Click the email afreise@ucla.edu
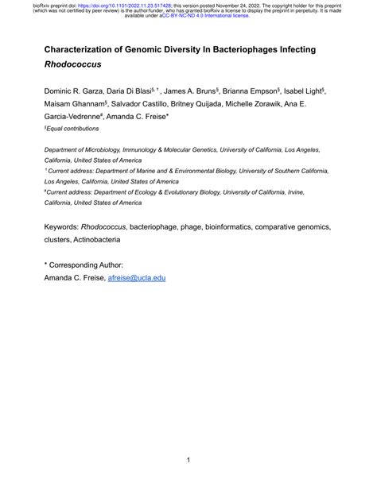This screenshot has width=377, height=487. point(141,278)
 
